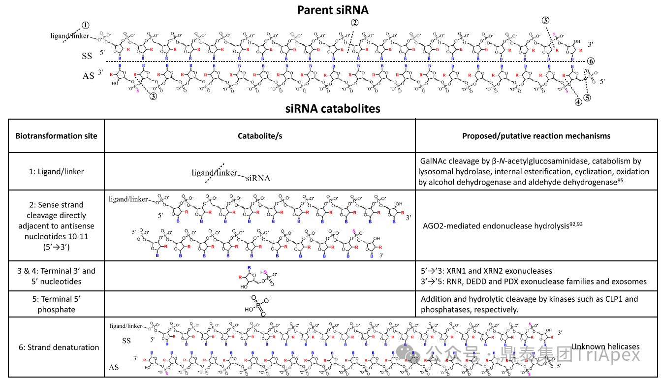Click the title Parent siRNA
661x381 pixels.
click(332, 10)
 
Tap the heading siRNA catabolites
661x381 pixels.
click(333, 108)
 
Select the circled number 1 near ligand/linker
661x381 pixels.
click(86, 25)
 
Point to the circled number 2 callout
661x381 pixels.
click(354, 22)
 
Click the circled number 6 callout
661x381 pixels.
click(591, 61)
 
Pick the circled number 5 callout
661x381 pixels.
click(587, 97)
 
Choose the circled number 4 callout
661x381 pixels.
click(578, 101)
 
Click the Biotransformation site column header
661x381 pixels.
click(56, 136)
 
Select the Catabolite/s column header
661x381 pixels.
click(259, 136)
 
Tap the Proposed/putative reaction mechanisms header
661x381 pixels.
click(536, 136)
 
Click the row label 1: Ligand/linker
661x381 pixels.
click(56, 172)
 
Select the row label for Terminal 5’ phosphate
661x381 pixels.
click(57, 304)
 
